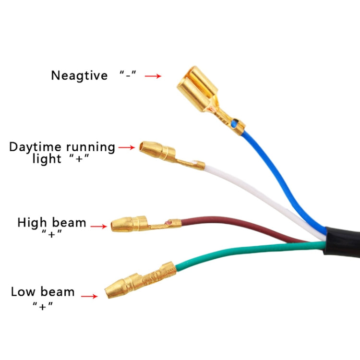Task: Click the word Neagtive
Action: point(79,76)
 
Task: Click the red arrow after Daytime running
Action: point(127,148)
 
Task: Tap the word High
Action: point(32,223)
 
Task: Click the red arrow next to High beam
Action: point(98,226)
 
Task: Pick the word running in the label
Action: point(91,147)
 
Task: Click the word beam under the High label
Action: point(69,223)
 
